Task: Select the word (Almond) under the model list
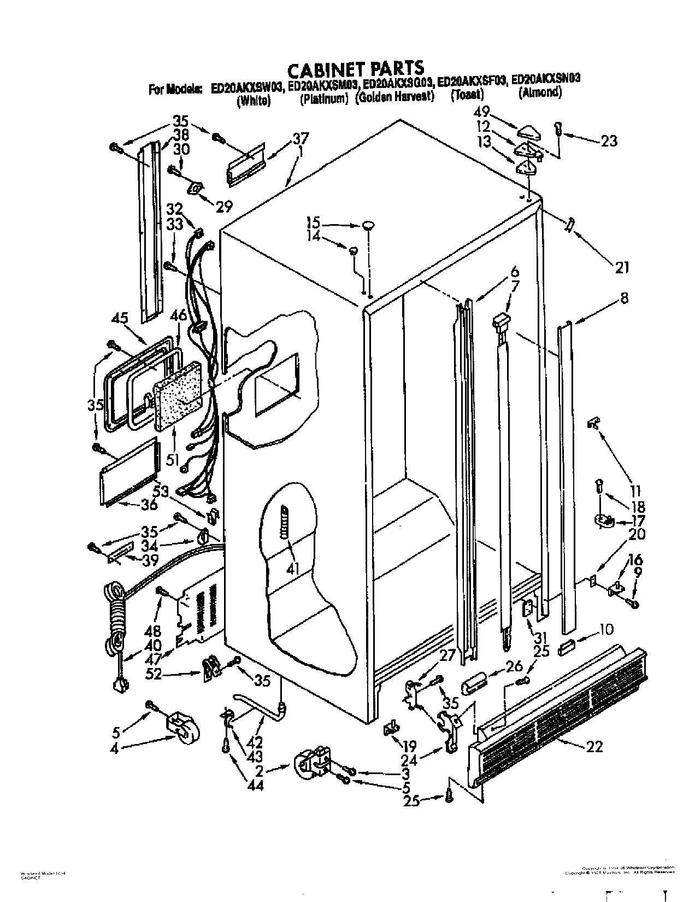click(x=540, y=92)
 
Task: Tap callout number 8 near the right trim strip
click(x=624, y=298)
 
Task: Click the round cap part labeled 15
click(x=368, y=224)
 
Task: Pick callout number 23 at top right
click(x=609, y=141)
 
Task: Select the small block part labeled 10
click(x=567, y=648)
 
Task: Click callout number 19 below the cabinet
click(x=409, y=746)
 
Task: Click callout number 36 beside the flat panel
click(x=149, y=504)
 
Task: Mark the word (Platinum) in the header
click(x=323, y=98)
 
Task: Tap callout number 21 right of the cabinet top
click(x=622, y=267)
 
